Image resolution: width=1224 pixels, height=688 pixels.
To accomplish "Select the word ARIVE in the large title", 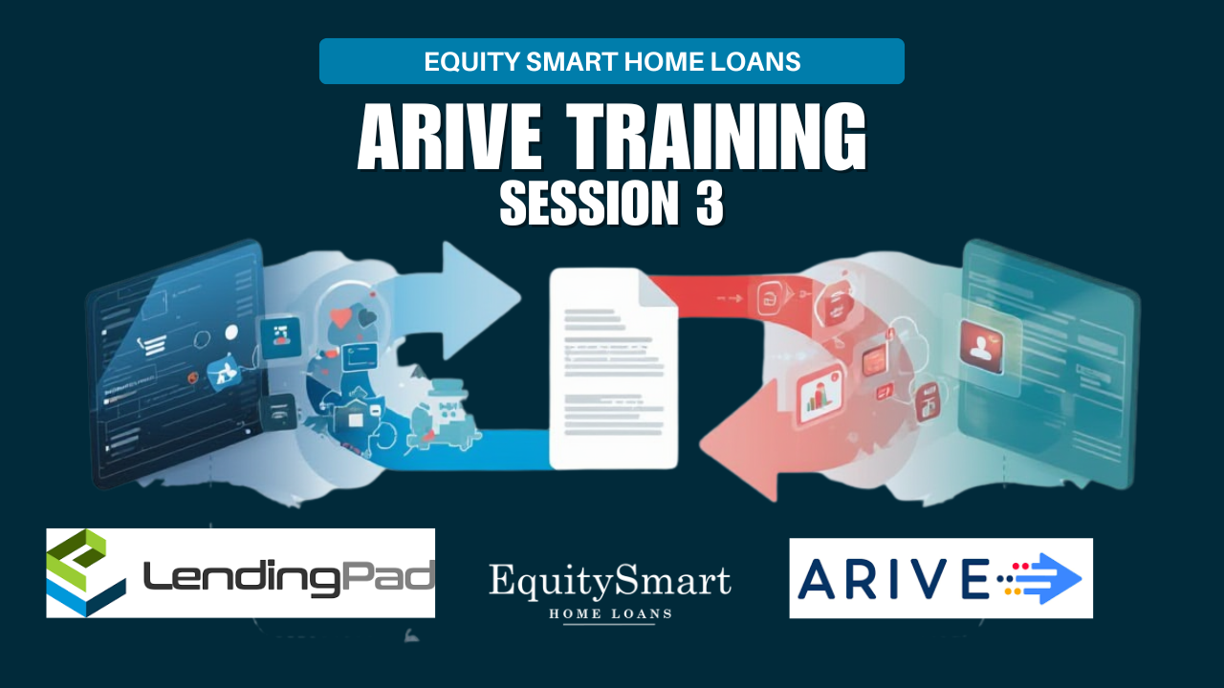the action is coord(449,137).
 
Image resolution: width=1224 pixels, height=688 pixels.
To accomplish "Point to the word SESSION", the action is coord(589,204).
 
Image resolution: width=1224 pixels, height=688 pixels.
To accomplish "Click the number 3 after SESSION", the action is coord(710,204).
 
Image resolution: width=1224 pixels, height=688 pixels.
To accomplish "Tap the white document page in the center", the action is coord(613,369).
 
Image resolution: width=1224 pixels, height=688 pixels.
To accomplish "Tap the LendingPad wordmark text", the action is coord(289,579).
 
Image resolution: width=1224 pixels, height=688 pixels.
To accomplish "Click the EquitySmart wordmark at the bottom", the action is coord(610,582).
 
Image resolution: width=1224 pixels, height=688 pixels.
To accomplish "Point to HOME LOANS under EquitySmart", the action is coord(610,613).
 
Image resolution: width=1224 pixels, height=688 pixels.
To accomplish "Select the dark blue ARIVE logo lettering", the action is coord(893,578).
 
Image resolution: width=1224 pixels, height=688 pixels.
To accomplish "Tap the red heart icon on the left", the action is coord(339,318).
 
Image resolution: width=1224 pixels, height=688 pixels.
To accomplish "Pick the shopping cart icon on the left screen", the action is coord(151,346).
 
